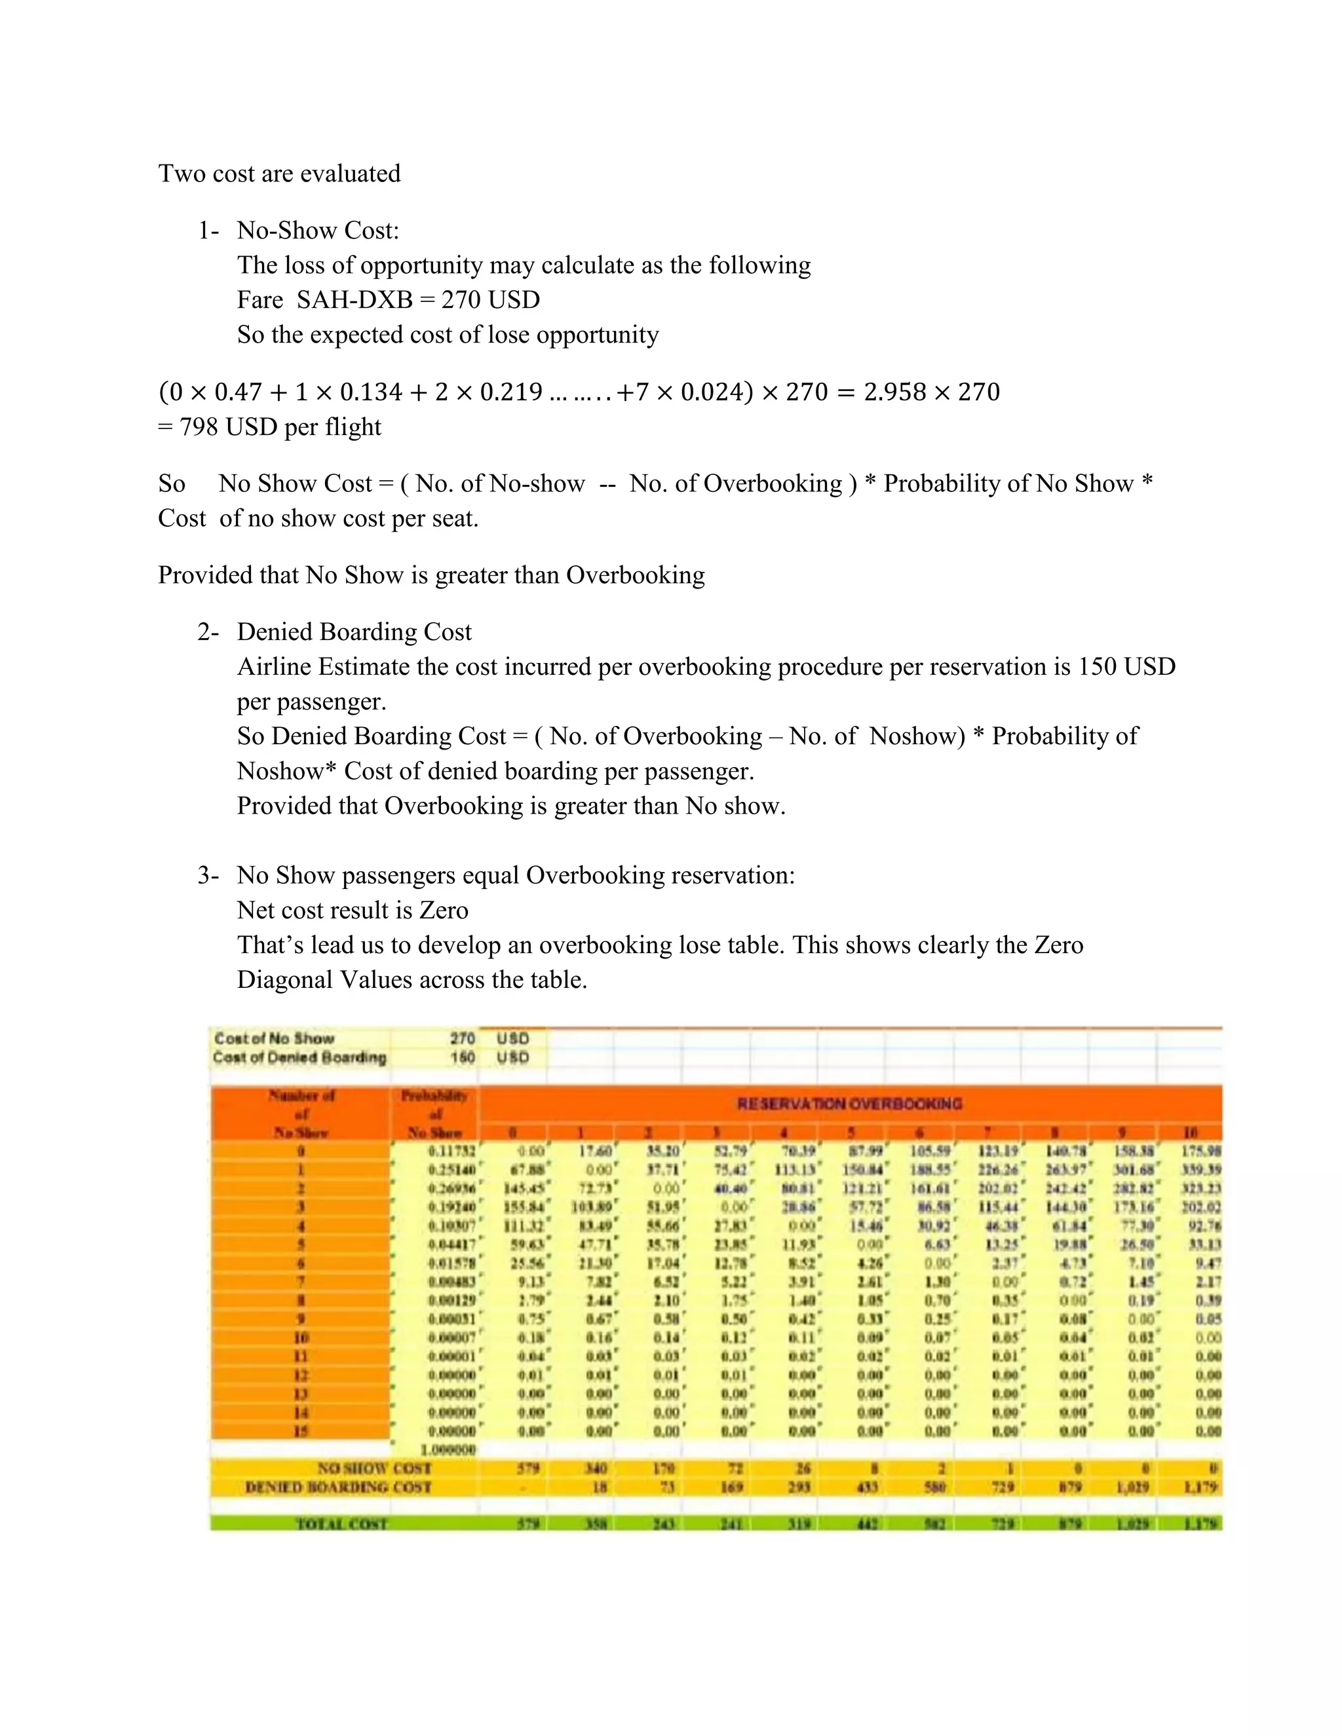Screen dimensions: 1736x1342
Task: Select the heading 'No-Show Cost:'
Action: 317,231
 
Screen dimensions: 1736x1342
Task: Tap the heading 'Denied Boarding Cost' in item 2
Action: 354,632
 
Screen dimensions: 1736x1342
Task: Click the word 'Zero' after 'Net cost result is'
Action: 444,910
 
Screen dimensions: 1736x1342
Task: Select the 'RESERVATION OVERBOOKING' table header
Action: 849,1103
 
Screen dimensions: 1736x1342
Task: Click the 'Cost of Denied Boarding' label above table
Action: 299,1057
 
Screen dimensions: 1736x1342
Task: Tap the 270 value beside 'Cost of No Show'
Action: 462,1038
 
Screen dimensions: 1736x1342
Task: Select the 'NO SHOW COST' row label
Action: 374,1468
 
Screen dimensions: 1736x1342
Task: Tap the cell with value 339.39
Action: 1201,1169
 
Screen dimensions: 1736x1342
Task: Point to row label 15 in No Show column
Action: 301,1431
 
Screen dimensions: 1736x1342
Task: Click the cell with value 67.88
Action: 529,1169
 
